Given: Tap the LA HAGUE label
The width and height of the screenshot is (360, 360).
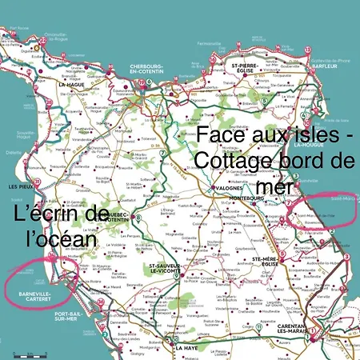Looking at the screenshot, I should (71, 83).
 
